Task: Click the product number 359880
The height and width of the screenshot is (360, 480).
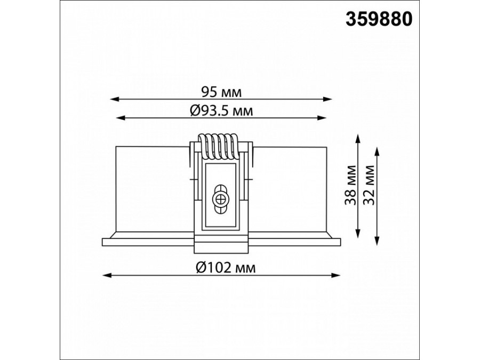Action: [x=379, y=19]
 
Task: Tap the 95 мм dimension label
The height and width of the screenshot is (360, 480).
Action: [x=221, y=92]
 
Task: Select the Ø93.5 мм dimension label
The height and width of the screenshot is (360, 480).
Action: [x=221, y=110]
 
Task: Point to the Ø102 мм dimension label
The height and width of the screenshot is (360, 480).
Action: [x=225, y=268]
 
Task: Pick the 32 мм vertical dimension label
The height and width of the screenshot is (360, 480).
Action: [x=368, y=185]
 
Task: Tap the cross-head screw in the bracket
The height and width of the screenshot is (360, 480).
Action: [x=220, y=199]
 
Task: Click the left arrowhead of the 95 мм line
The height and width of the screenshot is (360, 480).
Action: [x=114, y=99]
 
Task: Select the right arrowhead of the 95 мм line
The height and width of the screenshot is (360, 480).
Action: [x=328, y=99]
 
